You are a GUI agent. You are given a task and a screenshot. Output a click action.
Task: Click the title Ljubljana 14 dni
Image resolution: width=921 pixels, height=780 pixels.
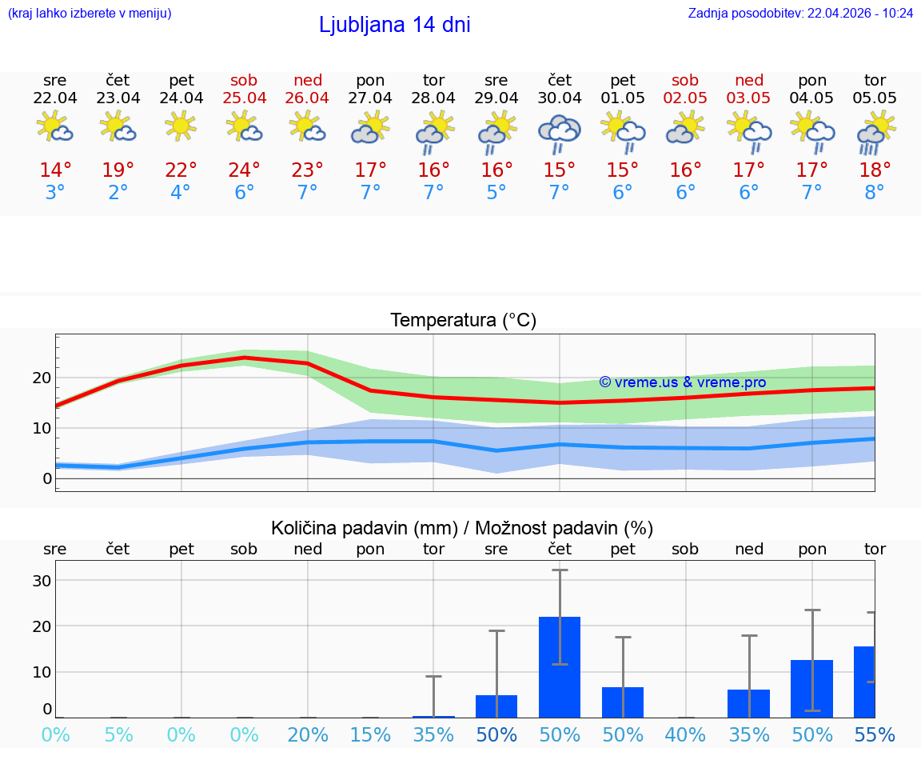(394, 25)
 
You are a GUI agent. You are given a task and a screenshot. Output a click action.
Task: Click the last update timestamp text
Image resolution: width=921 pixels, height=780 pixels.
(800, 14)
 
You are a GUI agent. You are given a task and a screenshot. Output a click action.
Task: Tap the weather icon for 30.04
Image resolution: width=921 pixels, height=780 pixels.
(560, 133)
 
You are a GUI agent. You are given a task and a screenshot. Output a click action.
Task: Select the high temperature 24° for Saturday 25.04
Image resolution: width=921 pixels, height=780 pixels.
(245, 170)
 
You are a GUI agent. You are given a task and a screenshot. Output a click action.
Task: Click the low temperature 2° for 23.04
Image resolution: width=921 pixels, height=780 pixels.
(118, 193)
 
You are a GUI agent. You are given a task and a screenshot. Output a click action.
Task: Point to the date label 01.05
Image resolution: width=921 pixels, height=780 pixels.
(623, 98)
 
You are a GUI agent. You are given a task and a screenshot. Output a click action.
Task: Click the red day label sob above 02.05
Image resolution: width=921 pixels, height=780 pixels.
(685, 80)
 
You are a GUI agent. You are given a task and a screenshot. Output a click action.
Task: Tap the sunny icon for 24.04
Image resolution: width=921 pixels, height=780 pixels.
(181, 126)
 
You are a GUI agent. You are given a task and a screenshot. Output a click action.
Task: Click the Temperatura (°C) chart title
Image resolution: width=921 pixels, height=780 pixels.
(463, 321)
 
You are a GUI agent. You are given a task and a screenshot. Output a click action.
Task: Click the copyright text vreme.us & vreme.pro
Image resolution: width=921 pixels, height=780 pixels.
(682, 382)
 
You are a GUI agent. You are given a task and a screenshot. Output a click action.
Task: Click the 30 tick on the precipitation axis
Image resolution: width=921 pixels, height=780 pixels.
(42, 580)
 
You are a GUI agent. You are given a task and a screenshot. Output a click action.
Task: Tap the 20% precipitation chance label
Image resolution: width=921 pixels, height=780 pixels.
(308, 735)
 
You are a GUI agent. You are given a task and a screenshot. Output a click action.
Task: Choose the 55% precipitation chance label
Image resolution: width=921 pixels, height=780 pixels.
(875, 735)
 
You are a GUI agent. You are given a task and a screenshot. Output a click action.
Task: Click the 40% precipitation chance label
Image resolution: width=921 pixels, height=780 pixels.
(685, 735)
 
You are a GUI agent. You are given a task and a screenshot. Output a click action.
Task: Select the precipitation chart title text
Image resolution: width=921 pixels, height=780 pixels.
(462, 528)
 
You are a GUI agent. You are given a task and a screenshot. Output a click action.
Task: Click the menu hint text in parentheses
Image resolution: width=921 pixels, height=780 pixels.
(90, 14)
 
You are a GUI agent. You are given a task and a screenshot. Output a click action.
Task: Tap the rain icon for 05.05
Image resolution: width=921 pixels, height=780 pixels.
(875, 133)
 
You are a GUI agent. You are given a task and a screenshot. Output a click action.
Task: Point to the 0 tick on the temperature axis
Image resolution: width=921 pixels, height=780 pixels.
(47, 478)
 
